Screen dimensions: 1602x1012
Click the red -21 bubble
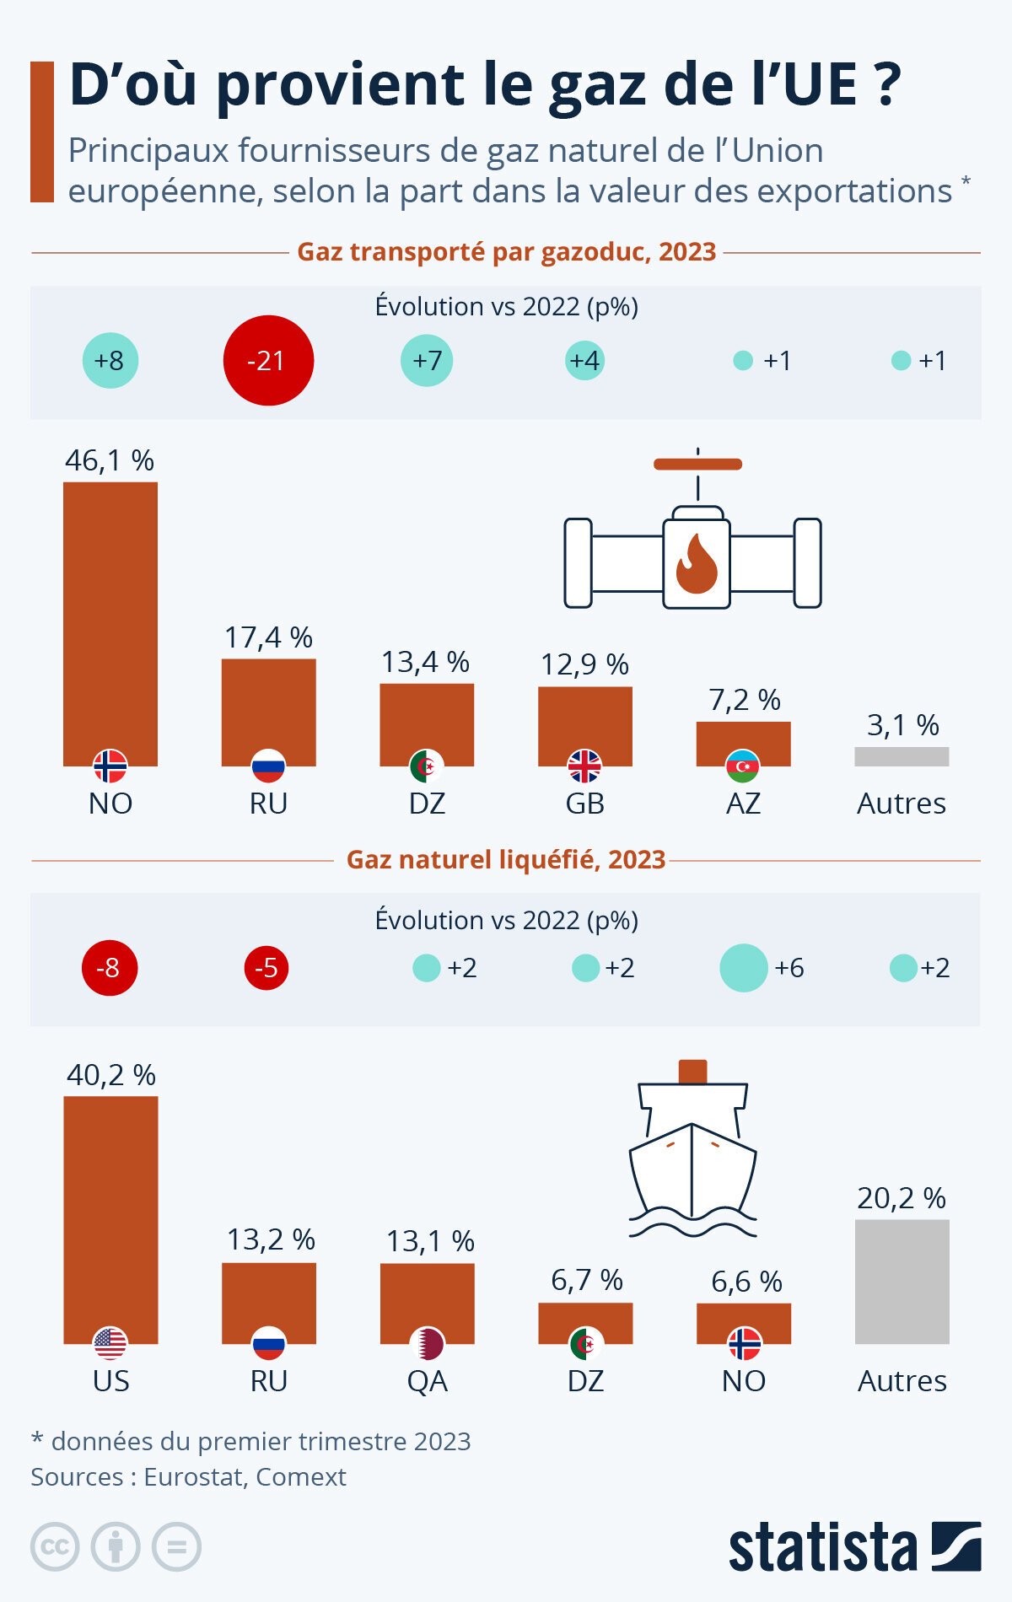(268, 360)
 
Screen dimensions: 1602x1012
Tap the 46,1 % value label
(110, 460)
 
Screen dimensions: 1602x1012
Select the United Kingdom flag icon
(584, 766)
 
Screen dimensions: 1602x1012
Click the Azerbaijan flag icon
(743, 766)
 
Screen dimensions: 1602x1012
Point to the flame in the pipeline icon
(697, 563)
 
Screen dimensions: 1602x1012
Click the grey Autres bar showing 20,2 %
(902, 1281)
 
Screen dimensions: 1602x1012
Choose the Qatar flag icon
(428, 1343)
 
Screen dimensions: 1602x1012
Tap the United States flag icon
(110, 1343)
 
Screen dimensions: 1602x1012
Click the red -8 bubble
(109, 967)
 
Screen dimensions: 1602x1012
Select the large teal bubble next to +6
(744, 967)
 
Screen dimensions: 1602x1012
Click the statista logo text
(822, 1548)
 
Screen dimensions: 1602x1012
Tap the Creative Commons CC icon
(55, 1547)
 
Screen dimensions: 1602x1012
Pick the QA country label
(428, 1381)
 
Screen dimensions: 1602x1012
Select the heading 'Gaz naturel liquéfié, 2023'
(506, 859)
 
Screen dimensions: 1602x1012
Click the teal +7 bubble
(427, 360)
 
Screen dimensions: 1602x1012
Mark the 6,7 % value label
(587, 1280)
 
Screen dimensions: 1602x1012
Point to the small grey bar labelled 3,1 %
(902, 756)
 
